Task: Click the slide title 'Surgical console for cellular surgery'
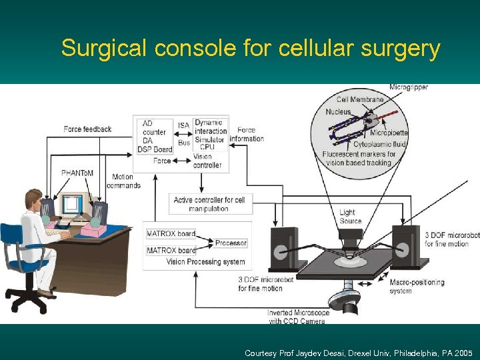251,49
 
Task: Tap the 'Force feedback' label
87,129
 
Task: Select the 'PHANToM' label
77,173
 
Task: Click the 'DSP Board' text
155,149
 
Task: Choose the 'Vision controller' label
207,161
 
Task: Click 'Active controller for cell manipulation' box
210,204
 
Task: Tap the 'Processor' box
231,243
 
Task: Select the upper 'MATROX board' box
171,233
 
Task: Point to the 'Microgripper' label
409,87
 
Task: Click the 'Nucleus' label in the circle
338,112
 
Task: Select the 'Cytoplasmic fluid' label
379,144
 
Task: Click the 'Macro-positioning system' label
417,286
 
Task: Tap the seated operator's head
33,199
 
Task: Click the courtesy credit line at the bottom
359,353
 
